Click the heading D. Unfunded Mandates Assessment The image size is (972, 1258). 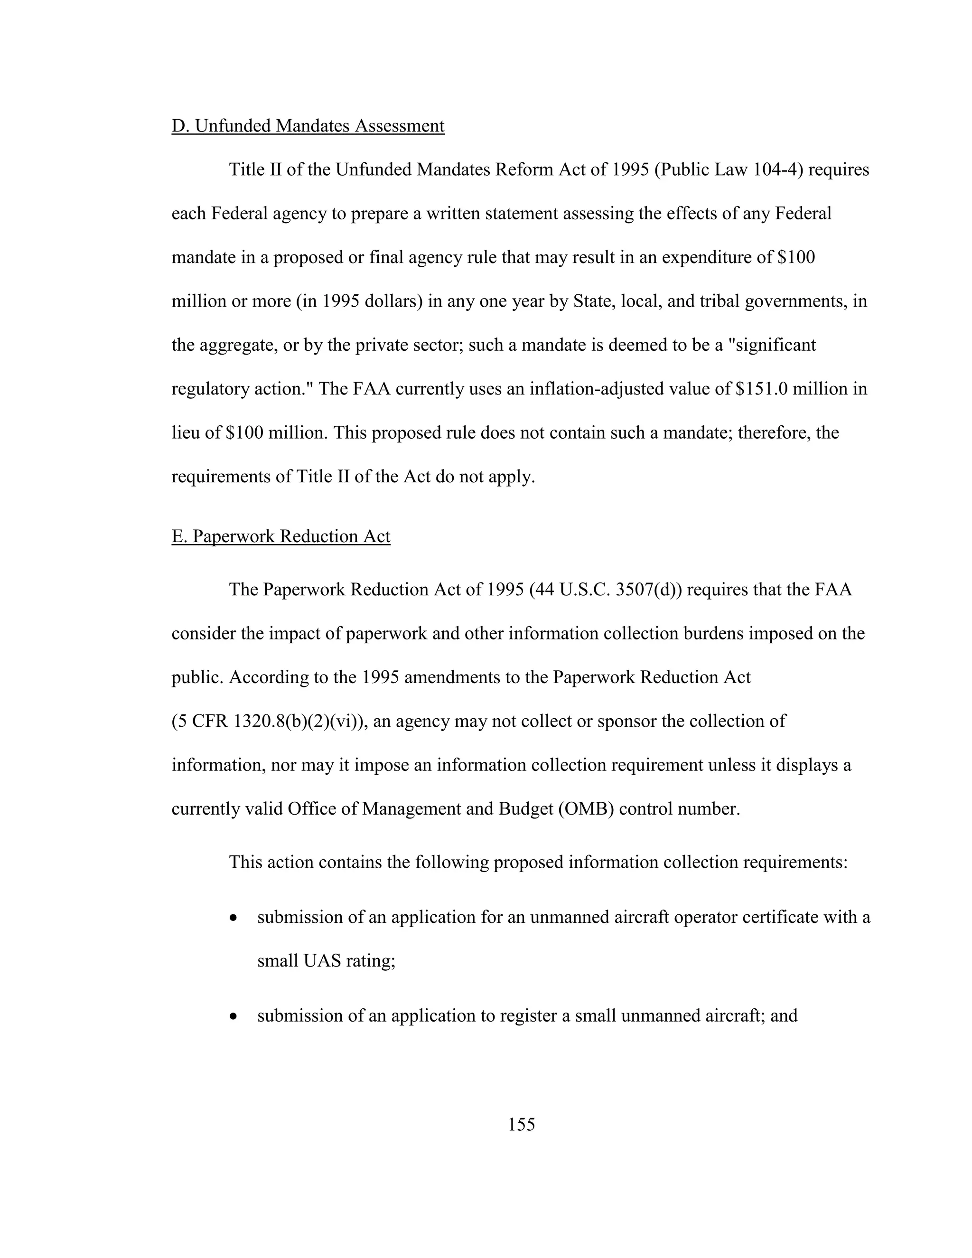(308, 126)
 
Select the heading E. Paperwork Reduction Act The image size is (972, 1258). (280, 536)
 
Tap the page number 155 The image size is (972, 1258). (522, 1124)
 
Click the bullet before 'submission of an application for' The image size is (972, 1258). (233, 918)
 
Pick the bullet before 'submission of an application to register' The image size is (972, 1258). (233, 1016)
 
